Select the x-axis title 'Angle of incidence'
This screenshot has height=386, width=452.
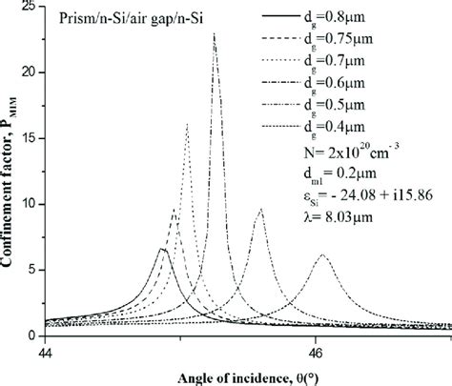235,375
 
